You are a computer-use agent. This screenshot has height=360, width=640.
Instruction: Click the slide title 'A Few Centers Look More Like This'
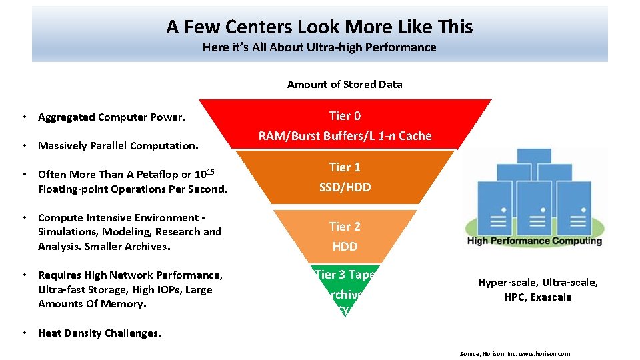click(x=319, y=27)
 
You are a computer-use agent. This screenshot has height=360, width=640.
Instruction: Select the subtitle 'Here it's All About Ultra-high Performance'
click(x=319, y=47)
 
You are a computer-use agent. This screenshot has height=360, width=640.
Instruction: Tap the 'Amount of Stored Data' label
click(x=345, y=84)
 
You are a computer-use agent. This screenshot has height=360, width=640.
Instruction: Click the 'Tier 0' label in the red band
click(x=345, y=116)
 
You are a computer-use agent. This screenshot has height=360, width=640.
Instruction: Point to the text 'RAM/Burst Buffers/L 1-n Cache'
click(x=345, y=136)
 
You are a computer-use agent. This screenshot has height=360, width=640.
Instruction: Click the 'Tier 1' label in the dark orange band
click(x=345, y=167)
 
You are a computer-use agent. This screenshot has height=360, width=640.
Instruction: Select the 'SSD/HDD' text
click(x=345, y=187)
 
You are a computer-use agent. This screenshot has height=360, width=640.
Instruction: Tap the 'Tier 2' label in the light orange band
click(x=345, y=227)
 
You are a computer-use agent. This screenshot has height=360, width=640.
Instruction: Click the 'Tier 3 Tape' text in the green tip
click(x=345, y=275)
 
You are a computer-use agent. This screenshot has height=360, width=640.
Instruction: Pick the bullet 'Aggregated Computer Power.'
click(x=111, y=117)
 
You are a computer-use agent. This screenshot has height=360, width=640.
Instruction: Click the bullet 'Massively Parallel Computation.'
click(x=118, y=145)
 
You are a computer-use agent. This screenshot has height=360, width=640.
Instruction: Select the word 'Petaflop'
click(x=157, y=175)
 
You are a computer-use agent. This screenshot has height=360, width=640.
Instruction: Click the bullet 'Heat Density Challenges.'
click(x=99, y=333)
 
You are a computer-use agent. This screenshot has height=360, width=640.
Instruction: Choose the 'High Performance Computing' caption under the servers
click(x=535, y=241)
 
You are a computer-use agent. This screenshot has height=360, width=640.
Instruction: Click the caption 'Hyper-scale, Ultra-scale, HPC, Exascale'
click(x=537, y=290)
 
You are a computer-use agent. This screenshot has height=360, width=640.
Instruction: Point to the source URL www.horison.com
click(x=545, y=353)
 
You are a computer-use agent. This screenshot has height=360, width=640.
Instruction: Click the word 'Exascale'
click(x=551, y=297)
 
